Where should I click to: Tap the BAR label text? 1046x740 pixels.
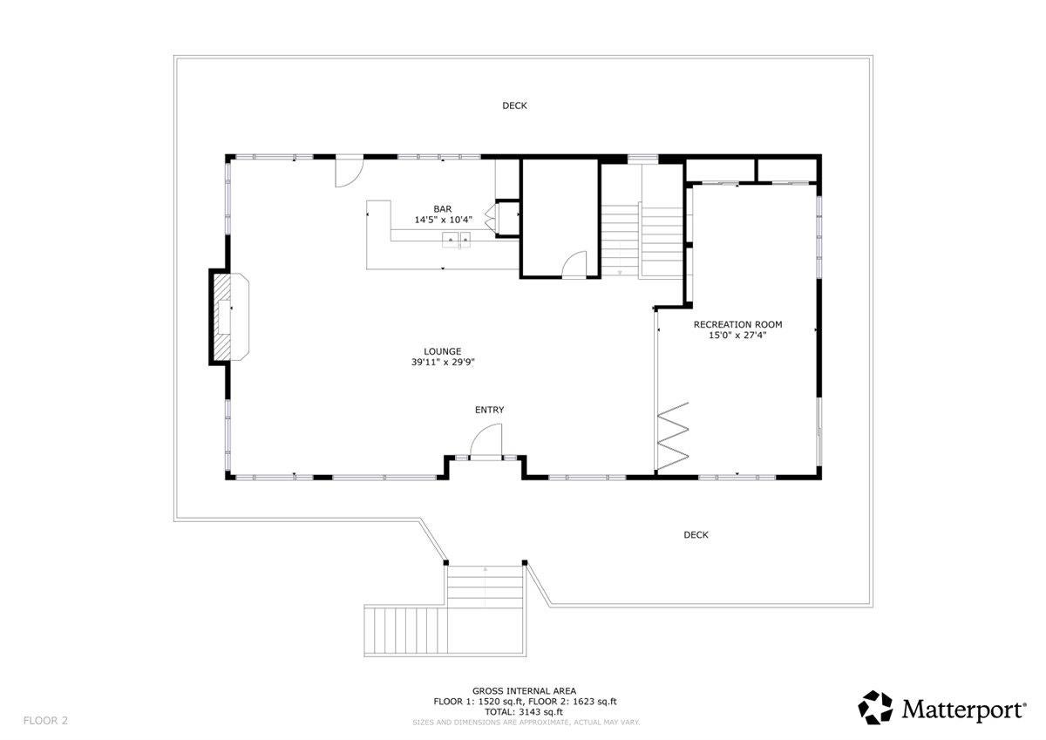pos(443,209)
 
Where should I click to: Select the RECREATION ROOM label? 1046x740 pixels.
pos(737,324)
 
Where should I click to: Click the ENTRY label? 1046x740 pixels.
pos(489,410)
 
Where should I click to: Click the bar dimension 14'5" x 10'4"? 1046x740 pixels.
pos(443,221)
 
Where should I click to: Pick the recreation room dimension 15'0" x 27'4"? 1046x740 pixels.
pos(737,335)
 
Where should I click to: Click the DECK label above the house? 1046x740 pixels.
pos(514,105)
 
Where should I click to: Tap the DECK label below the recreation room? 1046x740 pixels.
pos(696,535)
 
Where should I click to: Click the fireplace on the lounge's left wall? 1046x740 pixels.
pos(228,317)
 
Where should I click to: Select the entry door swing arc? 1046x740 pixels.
pos(488,438)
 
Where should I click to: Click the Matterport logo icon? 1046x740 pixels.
pos(876,707)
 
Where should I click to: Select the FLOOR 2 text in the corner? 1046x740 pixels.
pos(45,720)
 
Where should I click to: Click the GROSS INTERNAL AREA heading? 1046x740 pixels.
pos(524,690)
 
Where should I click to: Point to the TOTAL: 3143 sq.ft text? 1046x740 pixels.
pos(524,712)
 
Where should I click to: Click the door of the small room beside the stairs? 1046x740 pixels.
pos(574,264)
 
